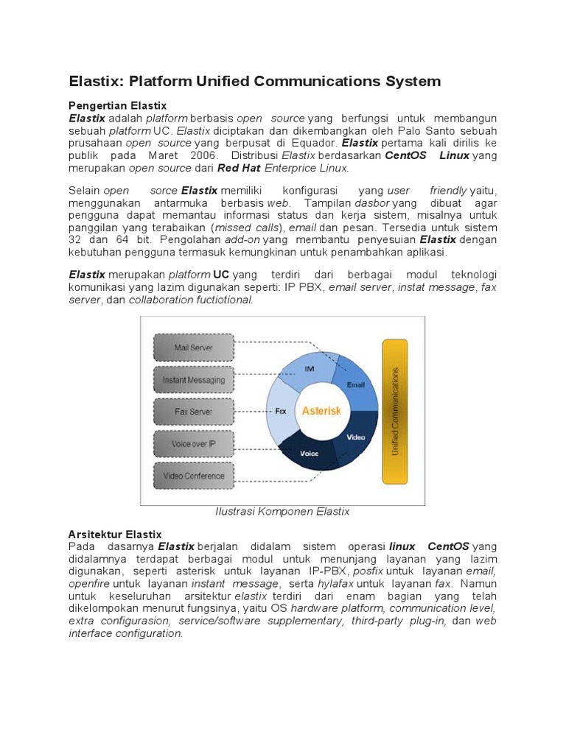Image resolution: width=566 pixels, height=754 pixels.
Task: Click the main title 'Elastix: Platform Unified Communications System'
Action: tap(254, 81)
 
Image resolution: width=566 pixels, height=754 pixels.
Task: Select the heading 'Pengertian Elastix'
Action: tap(117, 105)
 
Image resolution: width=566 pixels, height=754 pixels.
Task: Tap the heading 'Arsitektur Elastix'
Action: tap(114, 534)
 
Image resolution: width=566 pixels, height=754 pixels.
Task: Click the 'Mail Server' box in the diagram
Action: tap(193, 347)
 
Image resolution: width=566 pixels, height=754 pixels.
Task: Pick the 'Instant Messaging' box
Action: tap(193, 380)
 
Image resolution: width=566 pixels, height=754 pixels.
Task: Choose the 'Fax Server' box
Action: tap(193, 412)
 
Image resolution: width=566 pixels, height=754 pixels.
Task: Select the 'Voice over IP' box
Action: tap(193, 444)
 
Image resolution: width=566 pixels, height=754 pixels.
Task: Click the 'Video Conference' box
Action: tap(193, 476)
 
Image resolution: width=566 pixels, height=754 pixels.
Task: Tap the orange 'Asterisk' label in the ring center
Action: tap(321, 411)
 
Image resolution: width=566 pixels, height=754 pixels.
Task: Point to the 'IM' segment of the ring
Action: tap(310, 368)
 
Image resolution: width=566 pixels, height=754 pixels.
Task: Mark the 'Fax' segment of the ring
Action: tap(280, 412)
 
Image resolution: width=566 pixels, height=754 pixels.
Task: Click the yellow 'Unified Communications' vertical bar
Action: tap(394, 412)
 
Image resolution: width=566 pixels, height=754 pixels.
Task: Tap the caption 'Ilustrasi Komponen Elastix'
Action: tap(282, 511)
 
